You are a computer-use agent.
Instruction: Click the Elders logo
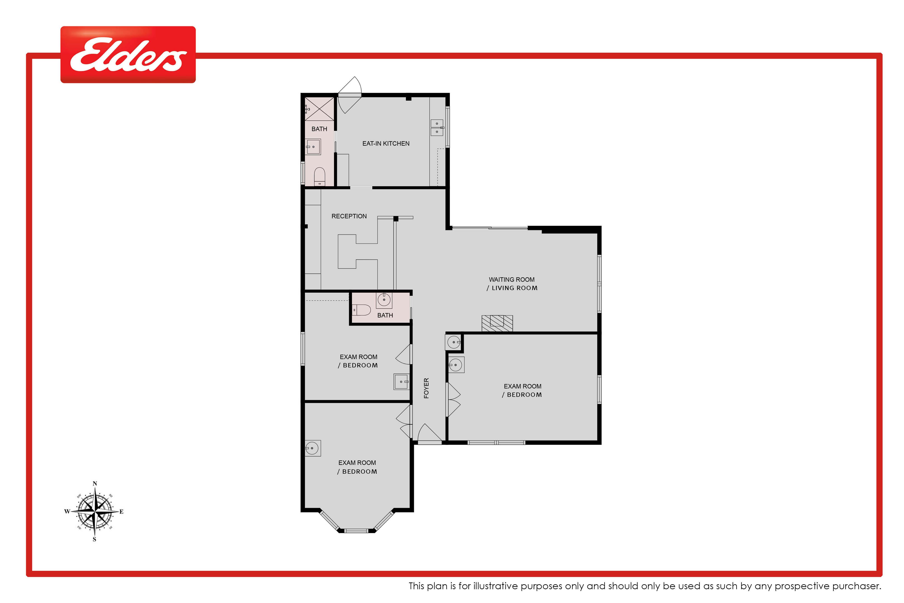(128, 55)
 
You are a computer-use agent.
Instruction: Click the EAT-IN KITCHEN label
(386, 143)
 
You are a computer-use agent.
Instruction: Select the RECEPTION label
(349, 216)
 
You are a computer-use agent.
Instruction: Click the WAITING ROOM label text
(512, 280)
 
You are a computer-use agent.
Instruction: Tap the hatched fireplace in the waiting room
(497, 323)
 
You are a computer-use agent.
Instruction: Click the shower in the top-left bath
(319, 109)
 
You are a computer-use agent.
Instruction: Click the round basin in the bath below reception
(384, 300)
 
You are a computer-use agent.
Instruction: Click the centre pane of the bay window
(356, 531)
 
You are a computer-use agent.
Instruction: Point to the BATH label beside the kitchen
(319, 129)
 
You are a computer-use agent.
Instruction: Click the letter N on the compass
(95, 483)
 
